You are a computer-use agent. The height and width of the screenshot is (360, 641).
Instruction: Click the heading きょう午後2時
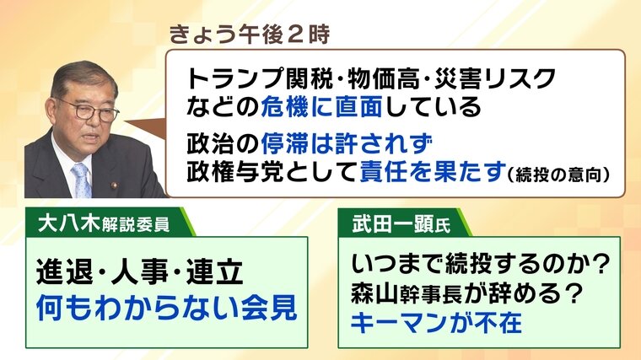(249, 35)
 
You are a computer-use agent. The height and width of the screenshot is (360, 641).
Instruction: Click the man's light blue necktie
(82, 180)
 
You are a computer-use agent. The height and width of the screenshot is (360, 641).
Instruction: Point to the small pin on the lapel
(114, 185)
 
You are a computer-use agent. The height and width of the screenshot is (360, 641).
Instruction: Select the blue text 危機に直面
(321, 107)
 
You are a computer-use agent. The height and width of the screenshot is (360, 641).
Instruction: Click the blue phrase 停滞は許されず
(347, 143)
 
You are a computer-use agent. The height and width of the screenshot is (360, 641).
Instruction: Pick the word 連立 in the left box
(214, 271)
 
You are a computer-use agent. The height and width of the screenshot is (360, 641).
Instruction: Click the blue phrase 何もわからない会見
(167, 308)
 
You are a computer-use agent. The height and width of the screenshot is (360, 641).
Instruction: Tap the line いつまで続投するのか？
(481, 263)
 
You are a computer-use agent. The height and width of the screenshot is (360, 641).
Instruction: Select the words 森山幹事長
(406, 293)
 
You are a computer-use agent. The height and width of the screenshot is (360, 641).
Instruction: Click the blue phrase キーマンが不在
(436, 323)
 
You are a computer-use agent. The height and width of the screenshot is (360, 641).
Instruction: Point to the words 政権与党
(235, 172)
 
